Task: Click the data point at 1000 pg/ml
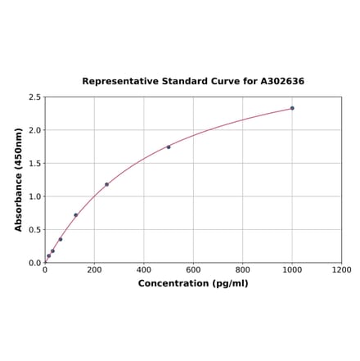click(292, 108)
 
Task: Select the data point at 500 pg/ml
click(169, 147)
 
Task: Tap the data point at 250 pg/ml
click(106, 184)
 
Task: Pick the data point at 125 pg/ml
click(76, 215)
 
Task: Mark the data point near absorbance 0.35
click(61, 239)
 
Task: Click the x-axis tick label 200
click(94, 270)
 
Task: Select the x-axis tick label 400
click(144, 270)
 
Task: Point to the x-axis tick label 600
click(193, 270)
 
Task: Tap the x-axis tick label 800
click(243, 270)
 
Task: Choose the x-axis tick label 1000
click(292, 270)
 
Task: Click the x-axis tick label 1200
click(341, 270)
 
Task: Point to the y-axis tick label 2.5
click(34, 97)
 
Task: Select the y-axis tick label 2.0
click(34, 130)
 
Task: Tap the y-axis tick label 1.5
click(34, 164)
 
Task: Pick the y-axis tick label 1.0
click(34, 196)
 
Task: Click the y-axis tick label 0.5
click(34, 230)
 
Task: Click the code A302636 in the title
click(282, 82)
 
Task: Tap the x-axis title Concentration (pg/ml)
click(193, 283)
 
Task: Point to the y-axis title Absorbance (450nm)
click(19, 179)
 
